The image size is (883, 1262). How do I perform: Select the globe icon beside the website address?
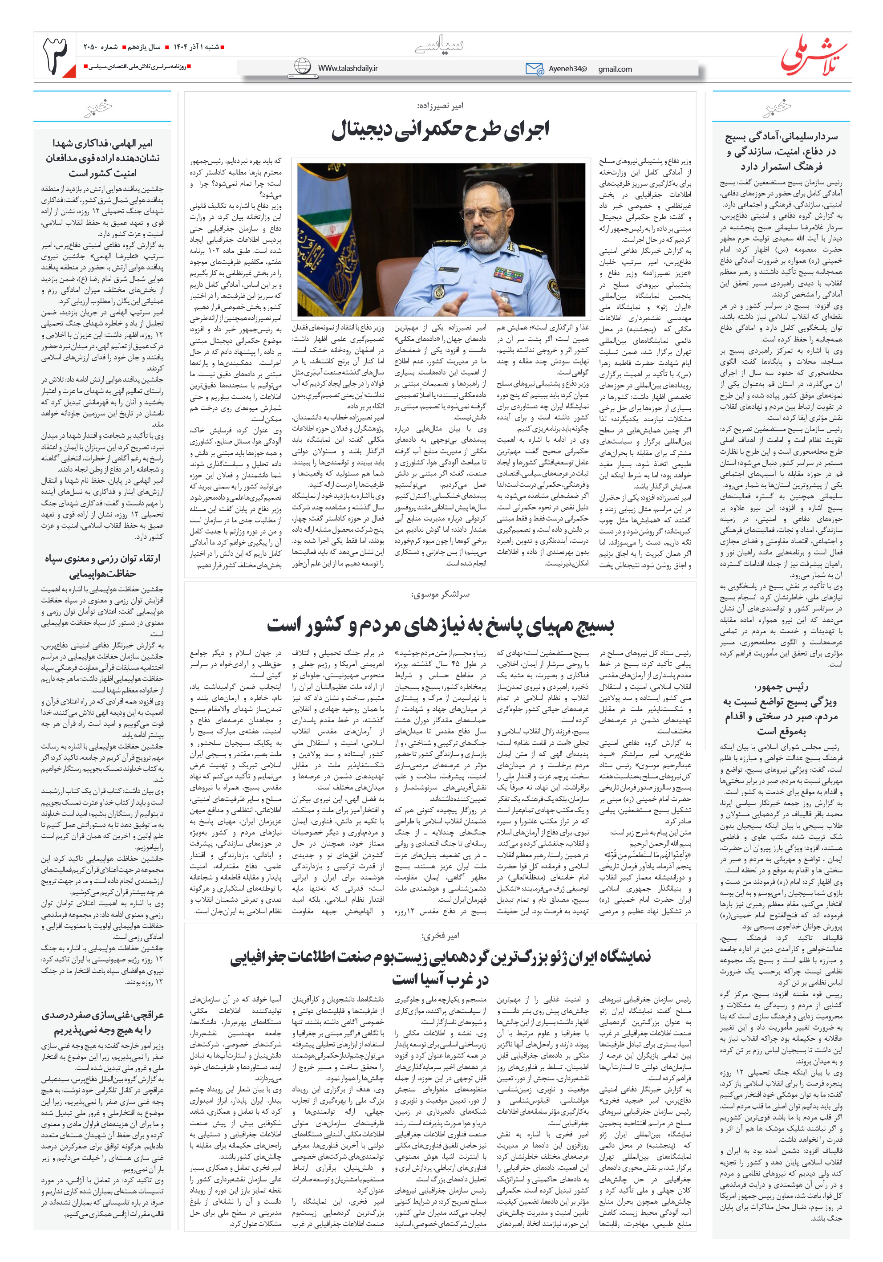[x=302, y=66]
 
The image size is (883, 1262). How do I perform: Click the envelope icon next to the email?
[x=534, y=69]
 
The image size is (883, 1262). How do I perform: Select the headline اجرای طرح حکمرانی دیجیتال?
[x=440, y=130]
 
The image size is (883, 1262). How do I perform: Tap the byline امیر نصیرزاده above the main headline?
[x=440, y=106]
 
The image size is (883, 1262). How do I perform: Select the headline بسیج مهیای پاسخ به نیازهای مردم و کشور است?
[x=440, y=625]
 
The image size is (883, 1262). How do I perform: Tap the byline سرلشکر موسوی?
[x=440, y=594]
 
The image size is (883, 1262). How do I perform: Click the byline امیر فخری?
[x=440, y=936]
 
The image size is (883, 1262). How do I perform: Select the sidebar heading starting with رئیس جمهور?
[x=781, y=708]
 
